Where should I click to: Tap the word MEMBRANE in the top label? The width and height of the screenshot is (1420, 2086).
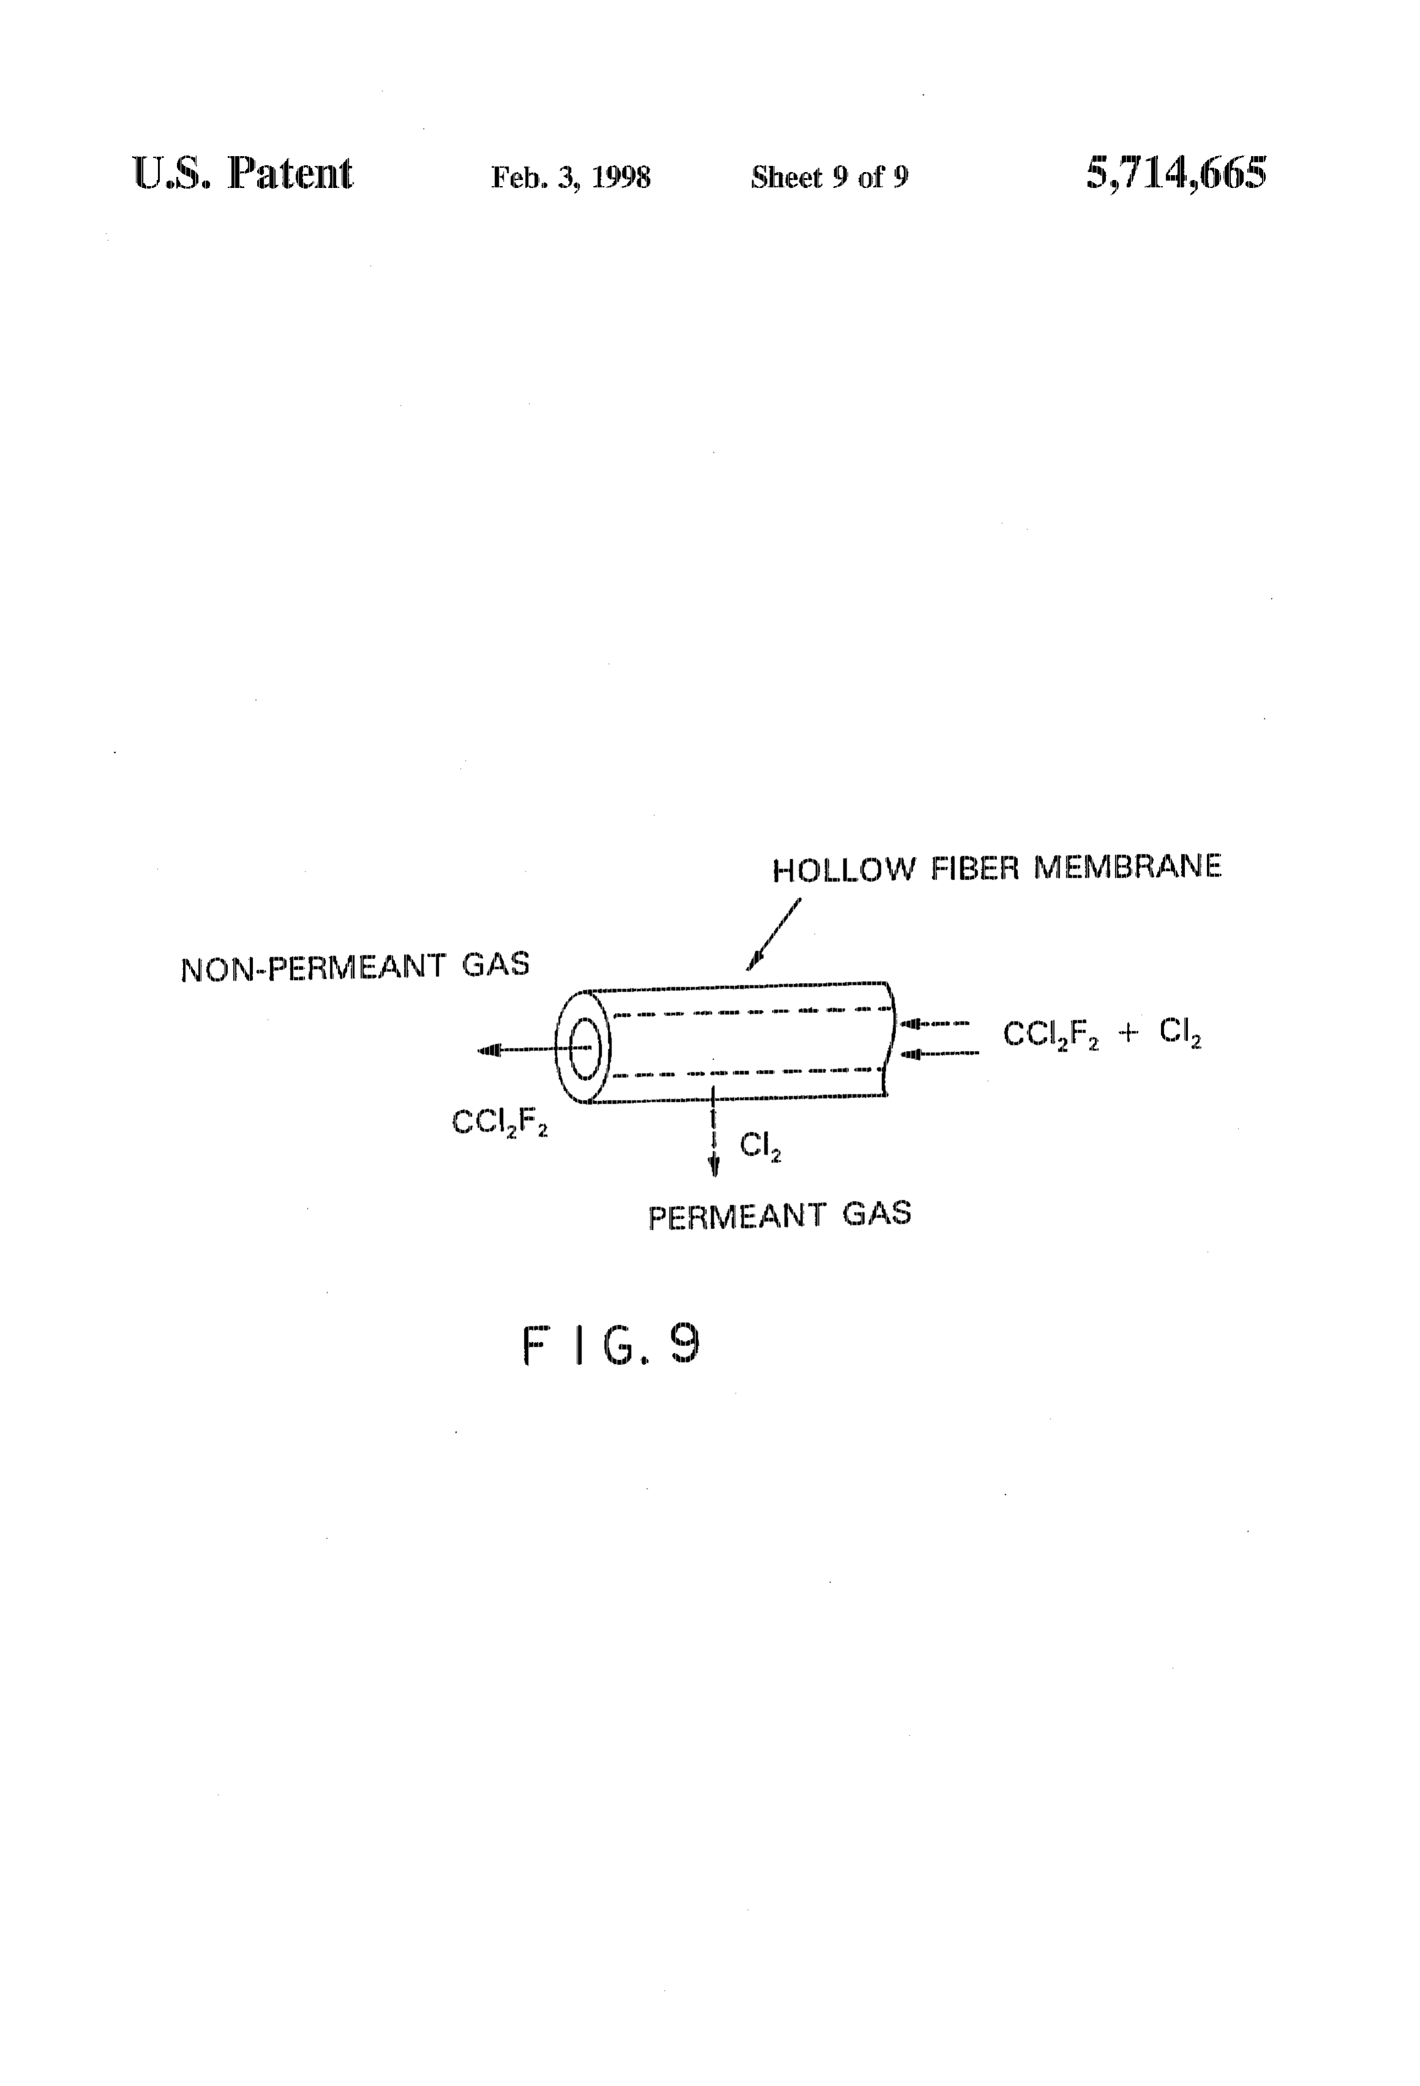coord(1127,866)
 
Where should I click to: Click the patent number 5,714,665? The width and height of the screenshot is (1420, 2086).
coord(1176,173)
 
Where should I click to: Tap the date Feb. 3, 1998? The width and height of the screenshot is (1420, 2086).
coord(571,178)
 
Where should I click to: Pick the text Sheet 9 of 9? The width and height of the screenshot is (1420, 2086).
coord(829,177)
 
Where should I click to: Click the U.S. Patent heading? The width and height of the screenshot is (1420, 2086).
coord(242,173)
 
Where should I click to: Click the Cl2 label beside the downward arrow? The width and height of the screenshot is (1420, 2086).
coord(760,1146)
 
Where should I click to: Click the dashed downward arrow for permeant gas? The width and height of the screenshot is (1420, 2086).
coord(714,1131)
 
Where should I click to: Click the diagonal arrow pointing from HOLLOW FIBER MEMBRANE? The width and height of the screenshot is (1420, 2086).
coord(773,935)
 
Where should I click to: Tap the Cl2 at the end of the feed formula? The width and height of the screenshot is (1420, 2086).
coord(1180,1033)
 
